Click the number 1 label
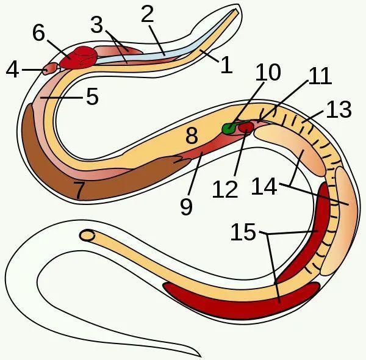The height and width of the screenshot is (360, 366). point(226,65)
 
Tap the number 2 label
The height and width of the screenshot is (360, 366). point(148,14)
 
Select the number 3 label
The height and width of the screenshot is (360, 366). point(97,24)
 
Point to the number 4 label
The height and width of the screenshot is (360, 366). point(12,70)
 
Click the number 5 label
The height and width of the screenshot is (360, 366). point(93,96)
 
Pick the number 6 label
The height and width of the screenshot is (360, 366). point(38,32)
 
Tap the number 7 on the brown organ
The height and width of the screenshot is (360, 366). point(79,190)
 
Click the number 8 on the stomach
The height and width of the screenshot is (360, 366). point(192,135)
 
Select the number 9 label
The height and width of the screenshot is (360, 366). point(186,207)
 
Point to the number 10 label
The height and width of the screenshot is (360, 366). point(268,72)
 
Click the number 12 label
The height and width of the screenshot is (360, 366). point(226,189)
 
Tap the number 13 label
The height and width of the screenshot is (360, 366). point(339,109)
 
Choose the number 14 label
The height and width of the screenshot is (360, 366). point(264,186)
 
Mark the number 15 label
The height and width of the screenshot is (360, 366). point(243,232)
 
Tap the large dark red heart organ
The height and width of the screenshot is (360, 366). point(79,57)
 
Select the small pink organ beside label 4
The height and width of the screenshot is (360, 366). point(50,68)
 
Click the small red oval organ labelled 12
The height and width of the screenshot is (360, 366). point(246,128)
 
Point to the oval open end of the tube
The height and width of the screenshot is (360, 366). point(87,235)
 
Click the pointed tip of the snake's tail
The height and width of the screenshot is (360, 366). point(201,357)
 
